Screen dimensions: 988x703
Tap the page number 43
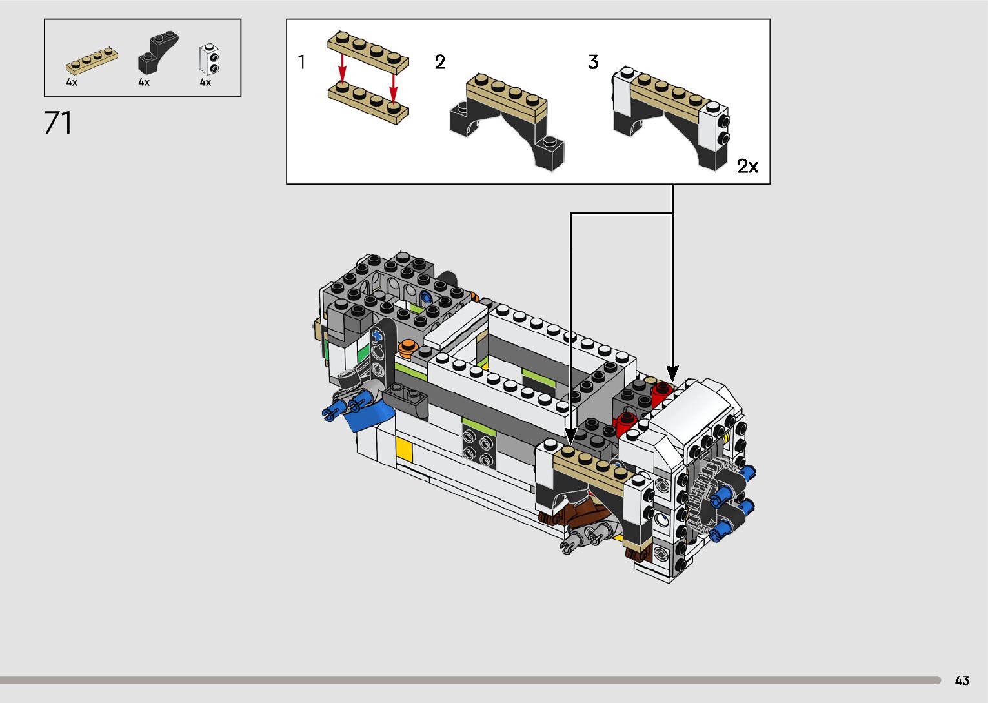[962, 680]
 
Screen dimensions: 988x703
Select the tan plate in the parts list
[92, 61]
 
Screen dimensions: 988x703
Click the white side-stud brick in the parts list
[209, 59]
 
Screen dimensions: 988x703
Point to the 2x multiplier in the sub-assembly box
[748, 166]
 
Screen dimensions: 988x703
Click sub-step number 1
[302, 62]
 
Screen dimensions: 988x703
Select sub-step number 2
[439, 62]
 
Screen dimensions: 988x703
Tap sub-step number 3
[593, 62]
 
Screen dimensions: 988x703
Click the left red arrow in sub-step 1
[342, 68]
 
